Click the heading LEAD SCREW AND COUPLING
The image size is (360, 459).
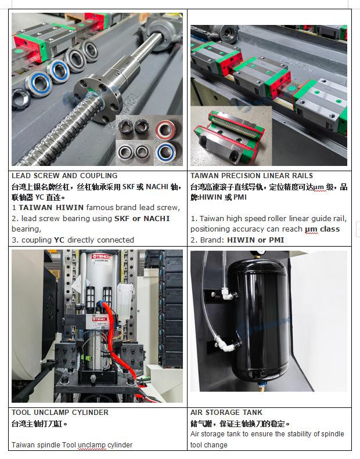coord(64,176)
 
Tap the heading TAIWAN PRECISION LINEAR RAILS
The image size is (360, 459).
coord(251,176)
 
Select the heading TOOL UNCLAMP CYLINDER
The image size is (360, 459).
coord(60,413)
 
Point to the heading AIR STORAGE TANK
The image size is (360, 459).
coord(226,413)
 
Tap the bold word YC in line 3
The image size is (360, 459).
coord(59,240)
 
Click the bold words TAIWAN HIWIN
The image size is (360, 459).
coord(51,208)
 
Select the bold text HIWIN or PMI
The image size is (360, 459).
coord(255,240)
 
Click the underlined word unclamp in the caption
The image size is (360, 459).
coord(91,445)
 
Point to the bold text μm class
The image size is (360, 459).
coord(322,229)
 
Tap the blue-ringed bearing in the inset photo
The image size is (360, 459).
coord(166,152)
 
